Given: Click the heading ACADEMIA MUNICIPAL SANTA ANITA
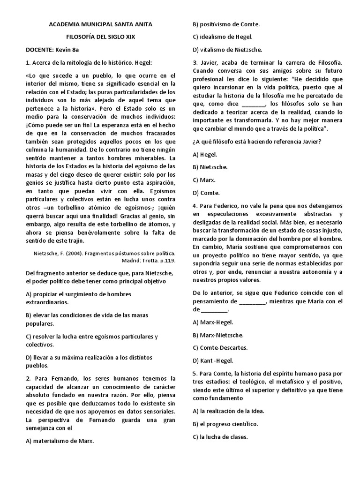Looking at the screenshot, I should [x=101, y=24].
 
